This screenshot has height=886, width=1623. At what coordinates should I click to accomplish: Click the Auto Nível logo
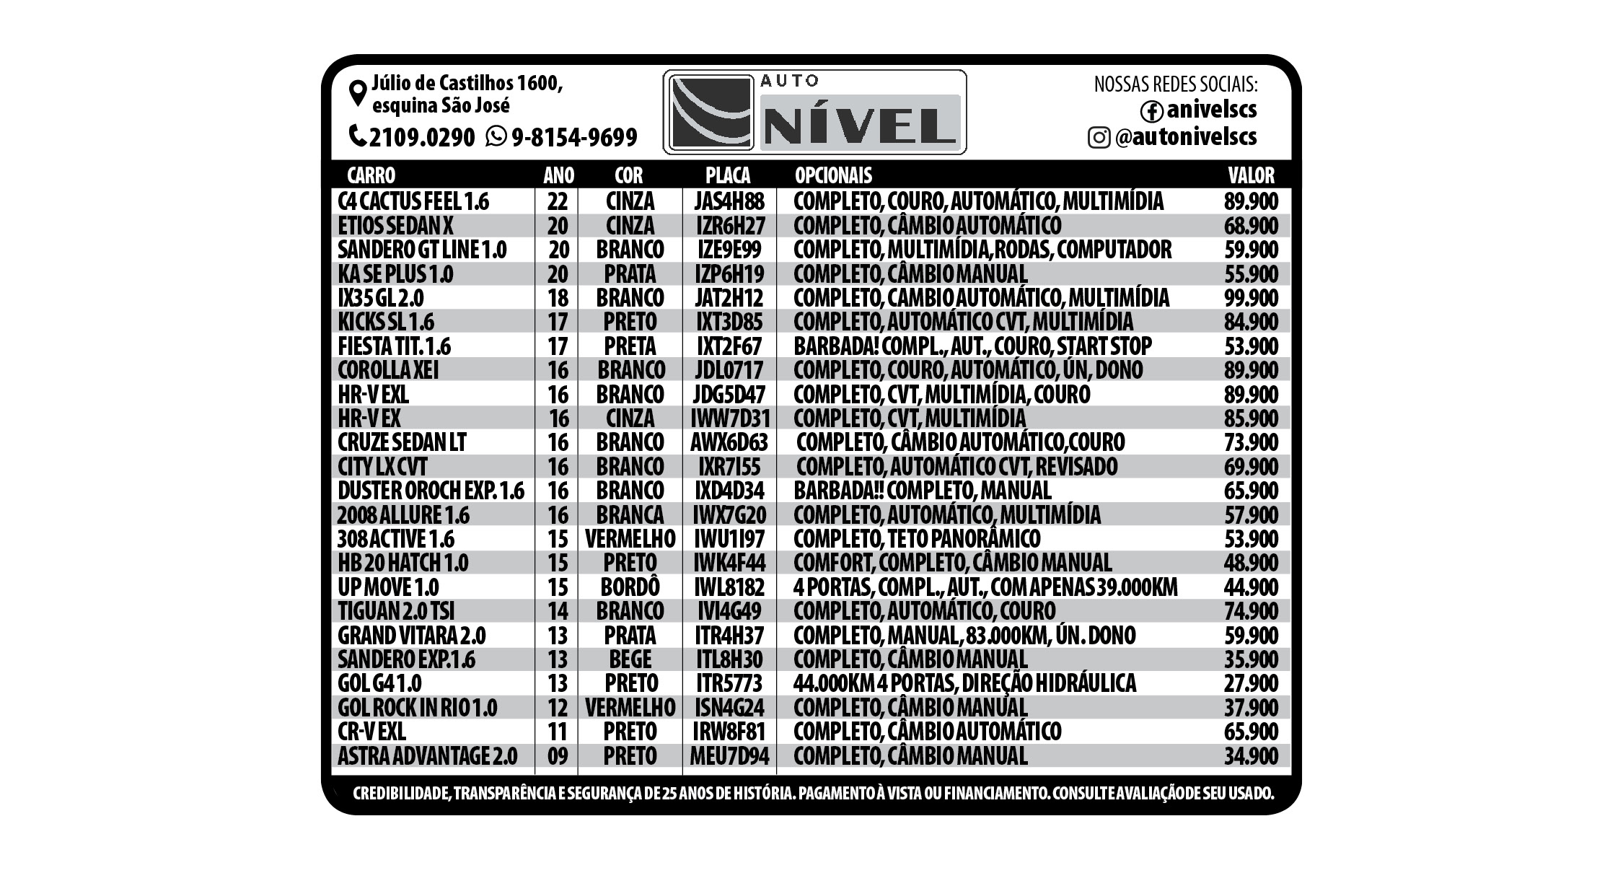(x=814, y=112)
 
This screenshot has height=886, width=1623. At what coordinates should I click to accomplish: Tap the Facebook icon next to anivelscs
(x=1151, y=111)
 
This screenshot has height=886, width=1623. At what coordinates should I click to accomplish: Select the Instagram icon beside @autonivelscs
(x=1099, y=137)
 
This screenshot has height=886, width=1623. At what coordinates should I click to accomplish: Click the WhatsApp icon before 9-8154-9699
(x=496, y=136)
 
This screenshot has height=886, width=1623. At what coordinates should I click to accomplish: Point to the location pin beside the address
(x=357, y=94)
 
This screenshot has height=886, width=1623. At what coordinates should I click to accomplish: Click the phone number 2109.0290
(x=422, y=136)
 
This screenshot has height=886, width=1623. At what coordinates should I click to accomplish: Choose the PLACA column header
(x=728, y=175)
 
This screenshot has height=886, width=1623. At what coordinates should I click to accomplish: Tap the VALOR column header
(x=1251, y=175)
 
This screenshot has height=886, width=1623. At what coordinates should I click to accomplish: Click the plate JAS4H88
(x=729, y=201)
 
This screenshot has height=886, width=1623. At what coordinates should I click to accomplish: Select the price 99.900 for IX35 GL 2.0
(x=1251, y=298)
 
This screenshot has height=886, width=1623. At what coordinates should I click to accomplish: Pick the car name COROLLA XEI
(x=388, y=370)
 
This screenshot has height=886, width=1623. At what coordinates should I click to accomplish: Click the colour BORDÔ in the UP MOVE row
(x=630, y=587)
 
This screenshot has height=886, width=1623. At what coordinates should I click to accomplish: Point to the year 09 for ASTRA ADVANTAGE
(x=558, y=756)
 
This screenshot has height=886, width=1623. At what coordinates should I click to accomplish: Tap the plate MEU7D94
(x=729, y=756)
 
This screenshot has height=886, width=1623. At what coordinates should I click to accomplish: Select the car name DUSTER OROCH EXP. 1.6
(x=431, y=491)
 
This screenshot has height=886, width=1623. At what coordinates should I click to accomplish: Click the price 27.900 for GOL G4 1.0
(x=1251, y=683)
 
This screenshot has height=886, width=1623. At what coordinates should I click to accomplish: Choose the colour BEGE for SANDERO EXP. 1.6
(x=630, y=659)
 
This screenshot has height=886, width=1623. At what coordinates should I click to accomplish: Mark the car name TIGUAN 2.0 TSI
(x=396, y=611)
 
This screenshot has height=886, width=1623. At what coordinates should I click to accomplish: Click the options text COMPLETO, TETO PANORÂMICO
(x=917, y=539)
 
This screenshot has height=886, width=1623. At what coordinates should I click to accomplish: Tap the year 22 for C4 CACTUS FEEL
(x=558, y=201)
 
